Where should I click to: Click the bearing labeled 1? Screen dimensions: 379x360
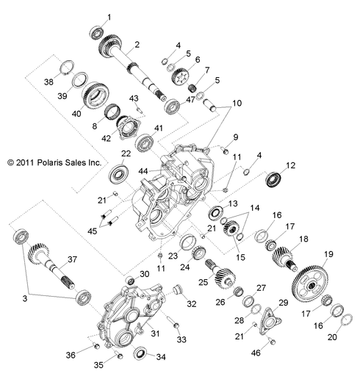tap(96, 32)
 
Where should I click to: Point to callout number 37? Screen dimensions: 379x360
tap(71, 259)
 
